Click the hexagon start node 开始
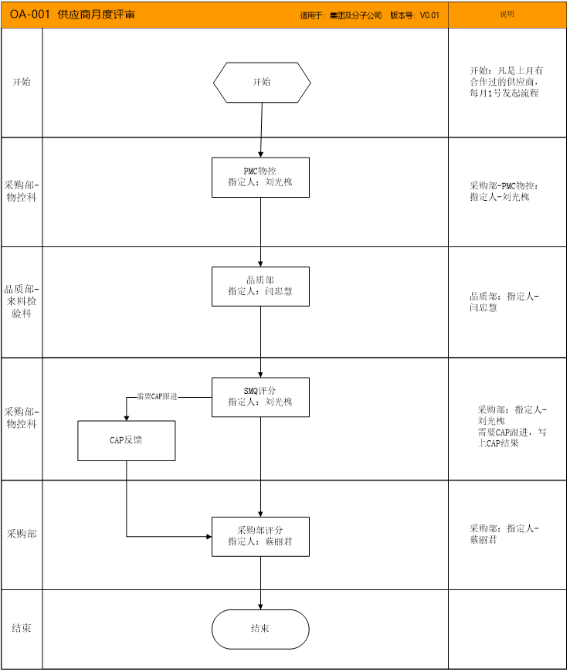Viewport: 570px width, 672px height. tap(262, 83)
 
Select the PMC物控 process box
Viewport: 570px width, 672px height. tap(260, 178)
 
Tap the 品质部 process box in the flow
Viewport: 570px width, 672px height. tap(260, 287)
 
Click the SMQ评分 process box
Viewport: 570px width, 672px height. tap(260, 397)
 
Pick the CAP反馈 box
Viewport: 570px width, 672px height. tap(127, 440)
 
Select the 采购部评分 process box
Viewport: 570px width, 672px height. tap(260, 537)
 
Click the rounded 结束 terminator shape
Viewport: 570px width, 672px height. tap(260, 630)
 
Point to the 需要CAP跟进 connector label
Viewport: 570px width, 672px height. tap(157, 397)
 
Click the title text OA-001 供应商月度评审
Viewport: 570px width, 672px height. tap(72, 15)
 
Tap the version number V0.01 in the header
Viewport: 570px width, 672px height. tap(429, 15)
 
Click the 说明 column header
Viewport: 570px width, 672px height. tap(507, 14)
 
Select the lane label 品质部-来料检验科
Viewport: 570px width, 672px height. tap(22, 301)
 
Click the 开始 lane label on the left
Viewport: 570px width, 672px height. tap(22, 82)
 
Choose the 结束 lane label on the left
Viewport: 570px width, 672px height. tap(22, 628)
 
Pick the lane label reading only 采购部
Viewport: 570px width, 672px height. tap(22, 534)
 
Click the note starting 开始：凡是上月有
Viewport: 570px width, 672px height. tap(506, 82)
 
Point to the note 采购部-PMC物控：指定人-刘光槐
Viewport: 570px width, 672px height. tap(504, 191)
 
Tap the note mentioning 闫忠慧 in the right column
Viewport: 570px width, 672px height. tap(504, 302)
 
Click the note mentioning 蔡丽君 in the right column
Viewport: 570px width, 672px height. tap(504, 534)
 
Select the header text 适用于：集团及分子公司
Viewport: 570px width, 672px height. tap(341, 15)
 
